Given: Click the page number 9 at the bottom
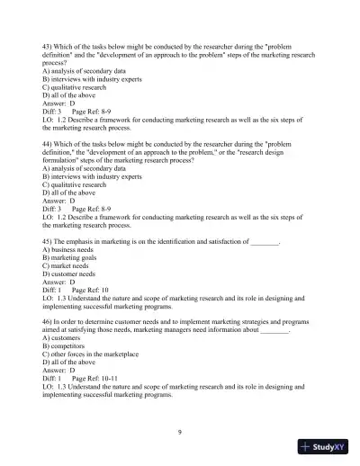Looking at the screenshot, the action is (180, 433).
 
